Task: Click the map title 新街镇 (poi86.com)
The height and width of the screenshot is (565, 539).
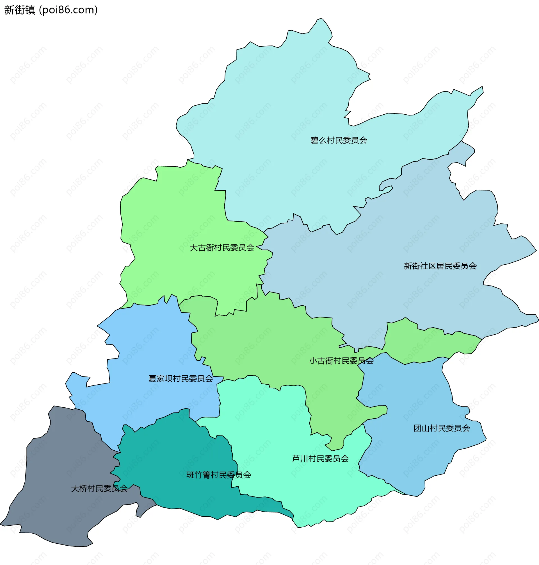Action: coord(51,10)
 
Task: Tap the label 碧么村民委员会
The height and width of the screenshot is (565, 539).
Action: coord(339,140)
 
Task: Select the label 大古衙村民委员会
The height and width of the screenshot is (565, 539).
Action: coord(222,248)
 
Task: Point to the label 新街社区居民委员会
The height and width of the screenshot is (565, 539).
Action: coord(440,266)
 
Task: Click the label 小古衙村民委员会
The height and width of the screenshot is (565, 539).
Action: coord(341,361)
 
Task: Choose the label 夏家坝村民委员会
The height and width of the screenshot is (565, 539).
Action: coord(181,379)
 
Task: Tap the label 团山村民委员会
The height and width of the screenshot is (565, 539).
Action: coord(442,428)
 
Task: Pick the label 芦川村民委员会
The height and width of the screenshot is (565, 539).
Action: coord(320,459)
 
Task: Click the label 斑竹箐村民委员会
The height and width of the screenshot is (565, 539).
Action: coord(219,475)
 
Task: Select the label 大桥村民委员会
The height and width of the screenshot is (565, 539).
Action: coord(99,489)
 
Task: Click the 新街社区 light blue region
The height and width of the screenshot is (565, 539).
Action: coord(402,230)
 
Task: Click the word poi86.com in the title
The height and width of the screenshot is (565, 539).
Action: coord(68,10)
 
